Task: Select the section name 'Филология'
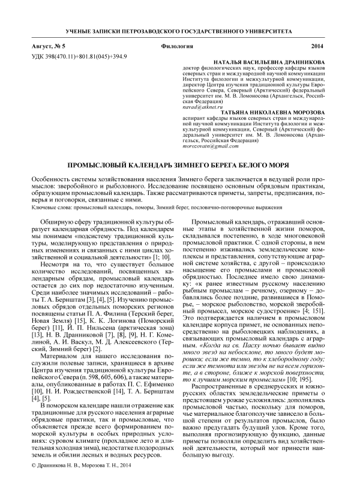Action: tap(177, 46)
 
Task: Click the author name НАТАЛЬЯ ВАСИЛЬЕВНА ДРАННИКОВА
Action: tap(271, 62)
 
